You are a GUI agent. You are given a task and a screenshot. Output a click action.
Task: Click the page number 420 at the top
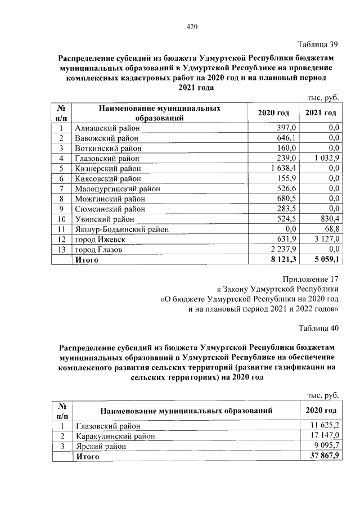coord(191,26)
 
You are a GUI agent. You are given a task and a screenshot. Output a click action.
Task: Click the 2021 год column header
coord(321,113)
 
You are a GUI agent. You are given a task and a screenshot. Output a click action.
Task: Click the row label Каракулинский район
coord(114,435)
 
